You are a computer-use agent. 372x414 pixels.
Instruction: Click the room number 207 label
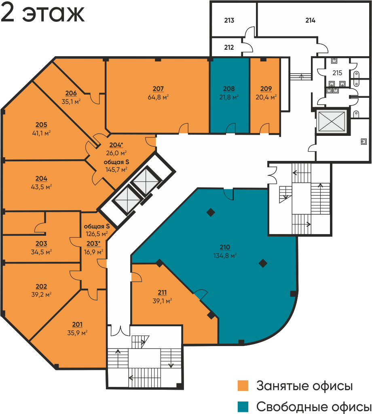click(x=158, y=89)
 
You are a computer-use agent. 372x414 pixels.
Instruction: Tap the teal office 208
click(x=229, y=95)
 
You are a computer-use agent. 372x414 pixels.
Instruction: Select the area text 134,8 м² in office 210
click(x=225, y=256)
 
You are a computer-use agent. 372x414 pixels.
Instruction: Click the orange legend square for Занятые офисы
click(x=243, y=385)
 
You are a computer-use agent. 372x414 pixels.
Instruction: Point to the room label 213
click(x=229, y=20)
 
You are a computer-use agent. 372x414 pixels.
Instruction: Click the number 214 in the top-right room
click(x=311, y=20)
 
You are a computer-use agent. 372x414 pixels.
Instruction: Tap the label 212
click(x=229, y=47)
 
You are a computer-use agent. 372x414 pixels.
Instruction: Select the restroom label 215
click(x=337, y=73)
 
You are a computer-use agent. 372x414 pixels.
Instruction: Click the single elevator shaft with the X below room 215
click(x=332, y=121)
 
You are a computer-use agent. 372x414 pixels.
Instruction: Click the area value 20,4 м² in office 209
click(x=266, y=97)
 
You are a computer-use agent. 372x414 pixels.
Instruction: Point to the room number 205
click(x=42, y=125)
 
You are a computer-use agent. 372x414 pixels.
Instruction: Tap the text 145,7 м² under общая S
click(x=116, y=169)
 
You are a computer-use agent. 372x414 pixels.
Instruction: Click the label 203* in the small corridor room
click(x=93, y=243)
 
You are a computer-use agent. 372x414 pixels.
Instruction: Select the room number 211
click(x=162, y=293)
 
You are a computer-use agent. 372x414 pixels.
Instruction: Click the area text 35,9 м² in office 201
click(x=77, y=333)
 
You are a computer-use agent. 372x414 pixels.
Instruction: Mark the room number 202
click(x=42, y=287)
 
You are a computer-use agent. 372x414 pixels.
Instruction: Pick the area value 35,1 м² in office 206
click(x=71, y=101)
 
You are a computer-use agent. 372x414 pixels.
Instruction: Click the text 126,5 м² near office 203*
click(x=97, y=234)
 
